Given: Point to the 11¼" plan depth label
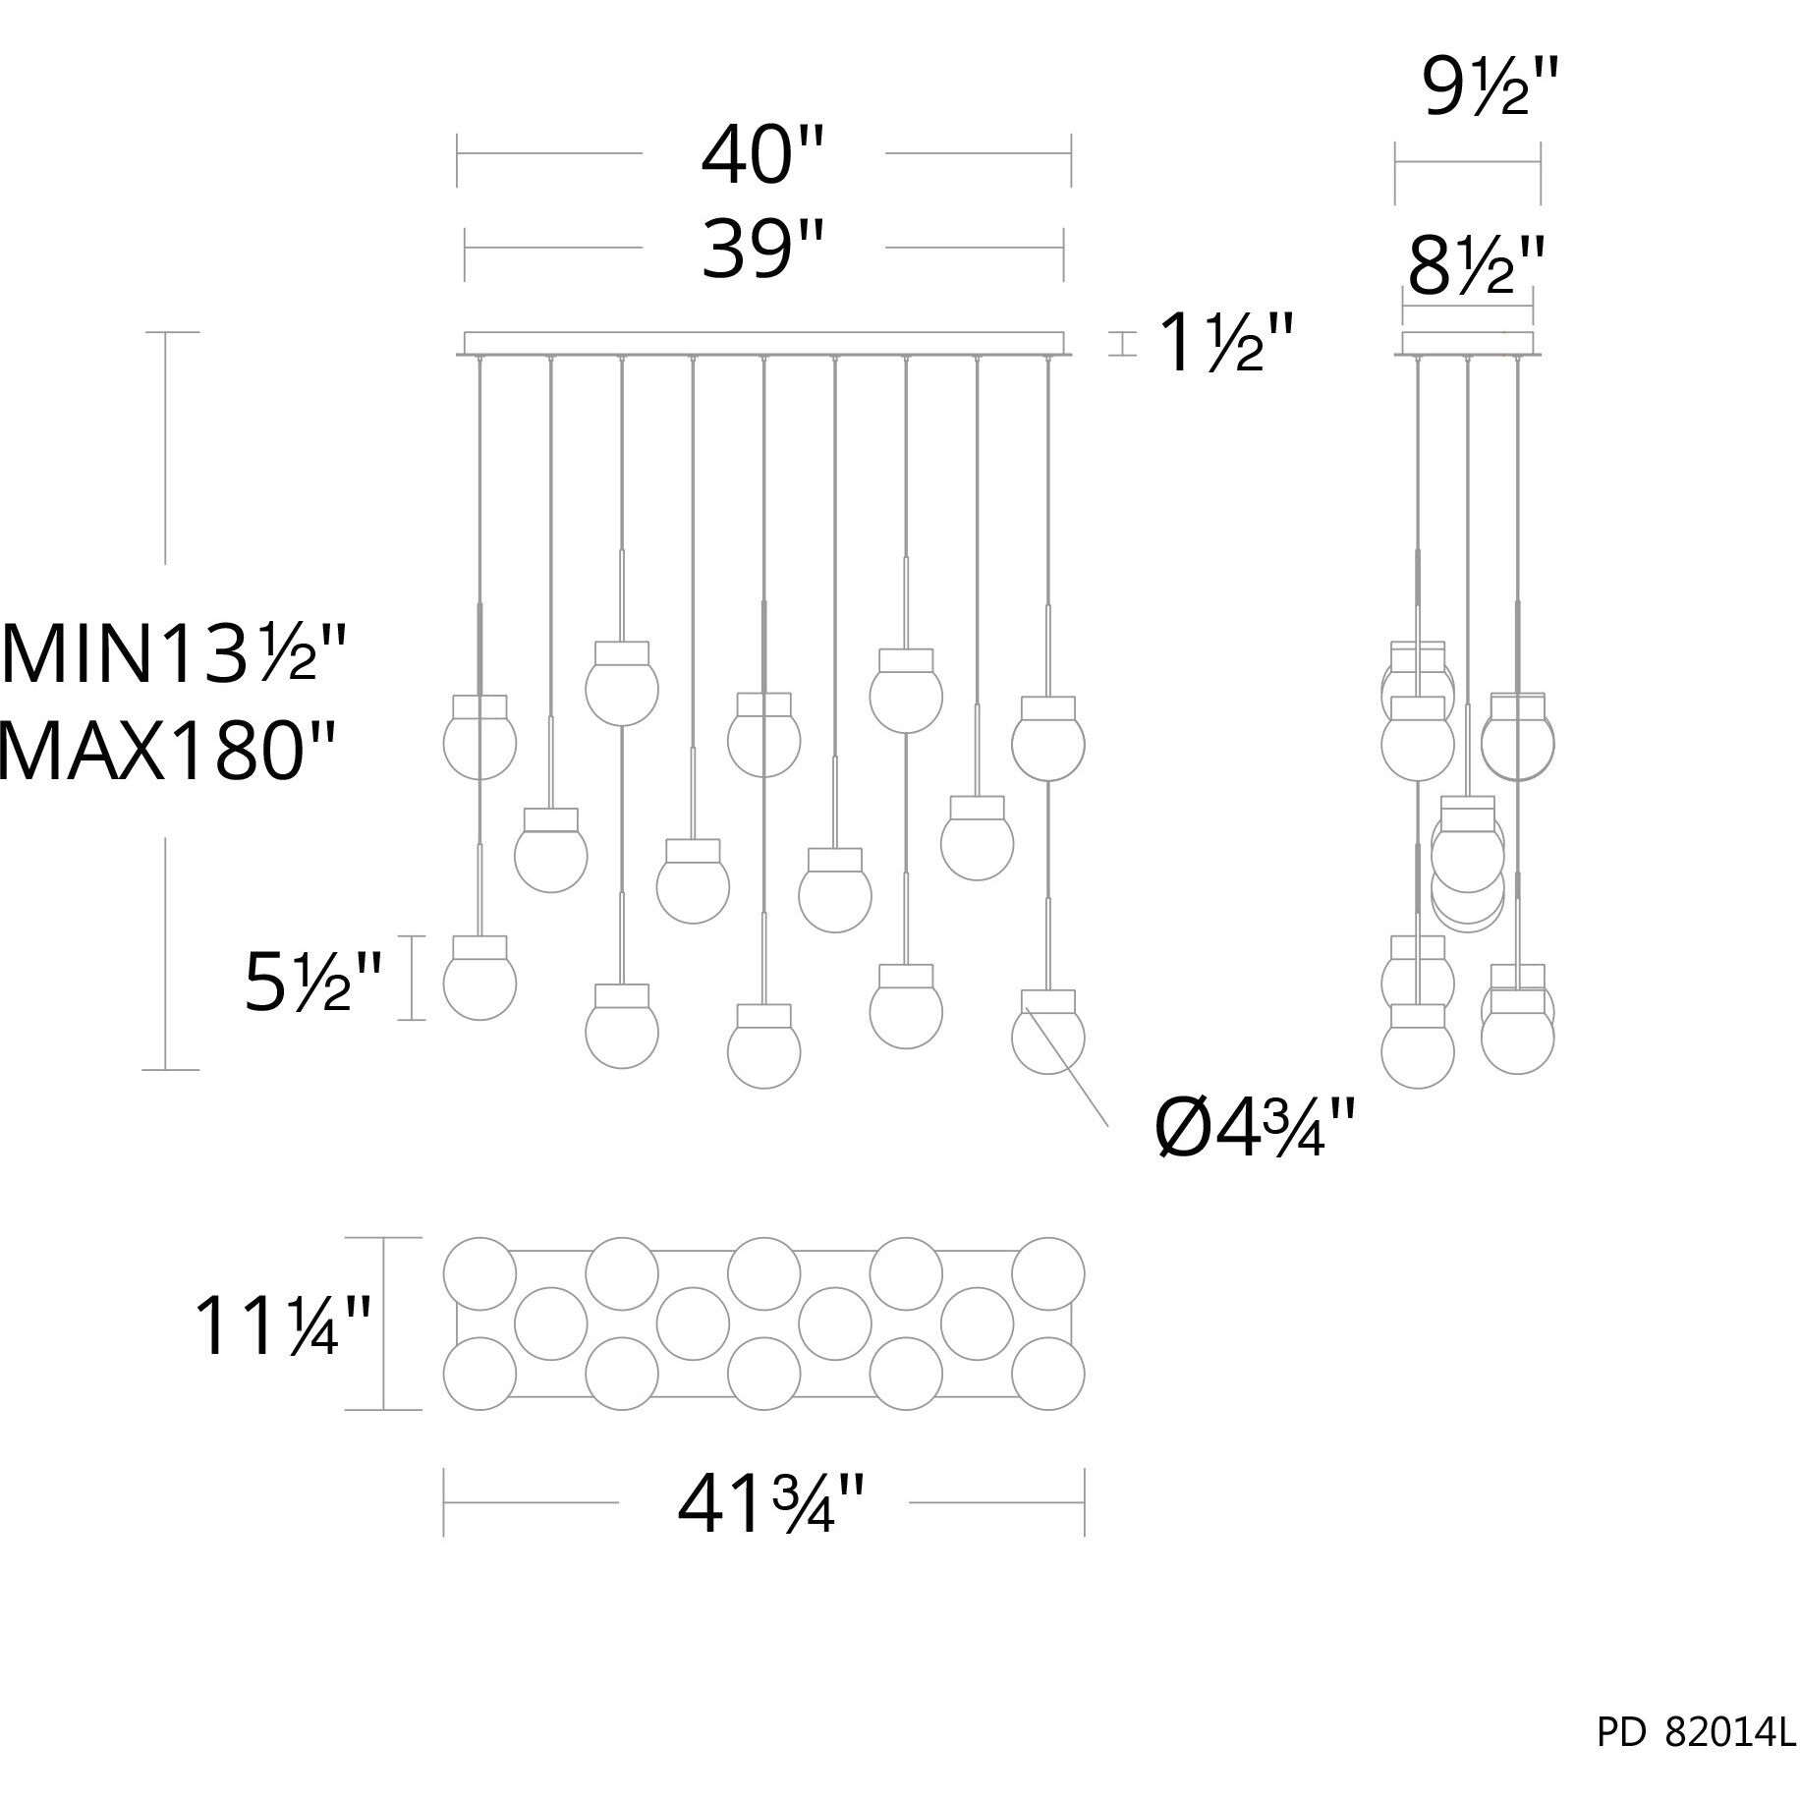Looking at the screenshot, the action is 282,1325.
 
